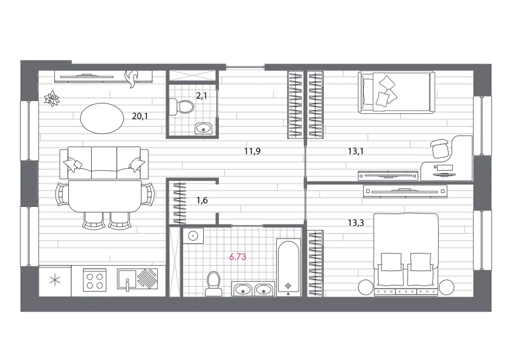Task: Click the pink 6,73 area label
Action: point(238,257)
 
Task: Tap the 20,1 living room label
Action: point(140,116)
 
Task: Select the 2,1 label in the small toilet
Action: point(201,96)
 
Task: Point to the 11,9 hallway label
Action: point(252,151)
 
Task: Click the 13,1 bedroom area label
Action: point(356,151)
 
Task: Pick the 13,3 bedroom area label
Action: point(356,223)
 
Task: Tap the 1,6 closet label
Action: point(202,200)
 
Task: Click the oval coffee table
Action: point(102,118)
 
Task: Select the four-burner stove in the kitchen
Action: point(95,280)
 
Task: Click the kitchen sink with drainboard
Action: point(137,279)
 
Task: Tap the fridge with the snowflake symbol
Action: point(55,281)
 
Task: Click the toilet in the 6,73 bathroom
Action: point(213,284)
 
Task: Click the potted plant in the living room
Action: point(51,98)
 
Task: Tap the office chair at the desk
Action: point(441,148)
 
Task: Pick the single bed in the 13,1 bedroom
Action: point(397,93)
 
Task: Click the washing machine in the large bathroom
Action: point(193,235)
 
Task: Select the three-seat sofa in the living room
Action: point(104,163)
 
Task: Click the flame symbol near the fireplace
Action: point(132,79)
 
